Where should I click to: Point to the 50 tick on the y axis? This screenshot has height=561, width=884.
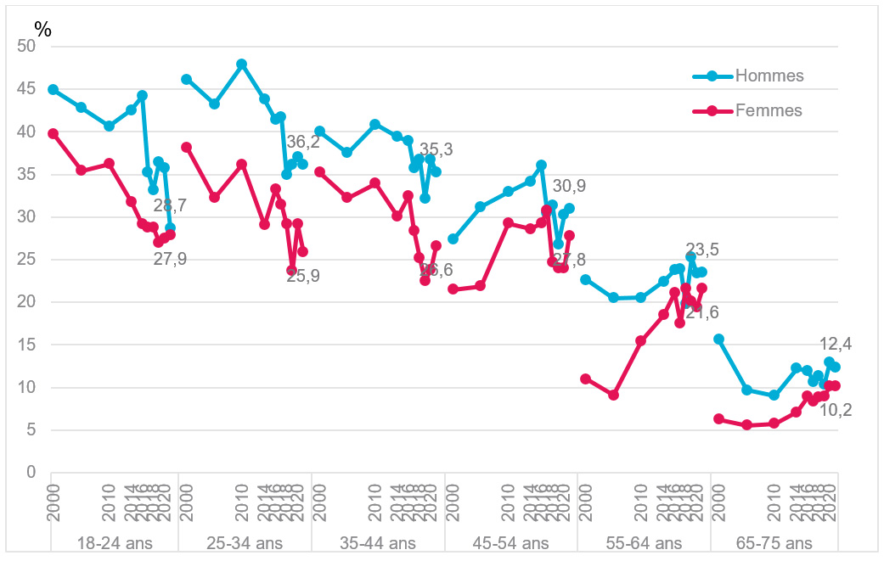26,47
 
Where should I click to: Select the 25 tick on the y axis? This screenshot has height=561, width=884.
26,260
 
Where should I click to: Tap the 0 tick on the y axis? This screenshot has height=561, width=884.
31,473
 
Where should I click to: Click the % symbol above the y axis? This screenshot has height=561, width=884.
42,28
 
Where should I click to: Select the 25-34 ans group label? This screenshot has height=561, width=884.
245,543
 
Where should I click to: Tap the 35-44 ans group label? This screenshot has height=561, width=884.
378,543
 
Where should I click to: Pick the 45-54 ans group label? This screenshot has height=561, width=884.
510,543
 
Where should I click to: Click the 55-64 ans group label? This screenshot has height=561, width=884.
643,543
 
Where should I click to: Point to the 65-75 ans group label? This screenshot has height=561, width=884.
774,543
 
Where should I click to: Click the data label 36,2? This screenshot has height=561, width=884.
302,142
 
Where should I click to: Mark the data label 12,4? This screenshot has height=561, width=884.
836,344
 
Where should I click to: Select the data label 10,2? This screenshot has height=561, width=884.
836,411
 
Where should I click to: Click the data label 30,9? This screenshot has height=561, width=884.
569,186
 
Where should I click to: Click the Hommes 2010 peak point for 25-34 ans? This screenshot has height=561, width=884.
241,64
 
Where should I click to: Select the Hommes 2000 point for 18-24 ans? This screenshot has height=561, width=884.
53,89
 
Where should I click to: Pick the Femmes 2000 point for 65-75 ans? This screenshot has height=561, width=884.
718,418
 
